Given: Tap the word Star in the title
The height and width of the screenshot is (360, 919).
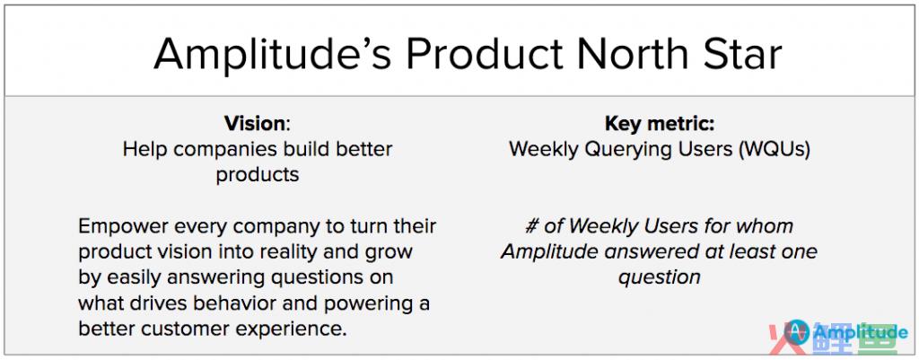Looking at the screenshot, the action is pyautogui.click(x=740, y=54).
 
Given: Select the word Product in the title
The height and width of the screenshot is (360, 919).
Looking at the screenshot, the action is pyautogui.click(x=484, y=54).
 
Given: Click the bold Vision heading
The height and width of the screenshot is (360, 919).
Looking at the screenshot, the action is pyautogui.click(x=255, y=124).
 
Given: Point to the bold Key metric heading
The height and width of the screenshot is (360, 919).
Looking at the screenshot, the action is pyautogui.click(x=660, y=124).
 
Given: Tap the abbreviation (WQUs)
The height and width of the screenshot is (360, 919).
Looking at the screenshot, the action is pyautogui.click(x=775, y=150).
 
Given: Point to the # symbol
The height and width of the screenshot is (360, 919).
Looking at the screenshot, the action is pyautogui.click(x=531, y=227).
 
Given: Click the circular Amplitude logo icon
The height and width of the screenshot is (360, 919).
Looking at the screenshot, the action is pyautogui.click(x=797, y=333).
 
